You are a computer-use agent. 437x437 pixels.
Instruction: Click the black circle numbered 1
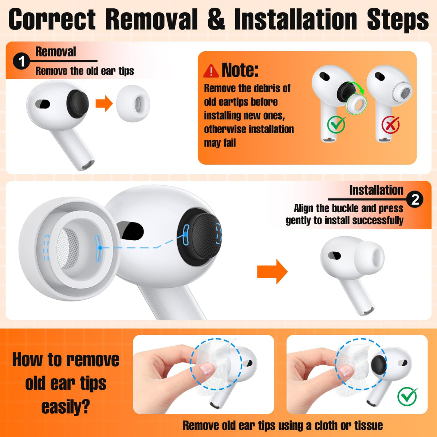click(x=21, y=61)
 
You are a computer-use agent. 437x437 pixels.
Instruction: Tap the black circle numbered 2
click(x=415, y=200)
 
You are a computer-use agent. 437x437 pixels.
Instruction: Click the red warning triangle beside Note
click(x=211, y=71)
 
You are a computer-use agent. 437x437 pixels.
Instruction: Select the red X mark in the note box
click(x=390, y=124)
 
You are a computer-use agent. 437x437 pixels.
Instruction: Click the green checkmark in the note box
click(x=336, y=124)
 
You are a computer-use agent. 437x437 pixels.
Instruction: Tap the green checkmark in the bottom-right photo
click(x=407, y=396)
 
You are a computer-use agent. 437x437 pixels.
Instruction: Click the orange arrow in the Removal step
click(x=104, y=103)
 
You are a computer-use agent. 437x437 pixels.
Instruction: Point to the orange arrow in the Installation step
click(x=272, y=272)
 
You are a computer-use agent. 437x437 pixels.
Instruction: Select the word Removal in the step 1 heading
click(x=56, y=52)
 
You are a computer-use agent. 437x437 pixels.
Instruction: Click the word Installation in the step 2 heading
click(x=377, y=190)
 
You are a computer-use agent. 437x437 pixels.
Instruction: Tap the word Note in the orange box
click(x=240, y=70)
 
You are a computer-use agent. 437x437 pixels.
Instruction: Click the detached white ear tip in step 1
click(x=133, y=104)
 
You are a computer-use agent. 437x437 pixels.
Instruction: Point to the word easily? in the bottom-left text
click(x=66, y=408)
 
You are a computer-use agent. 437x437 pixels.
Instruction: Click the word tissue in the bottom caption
click(x=369, y=426)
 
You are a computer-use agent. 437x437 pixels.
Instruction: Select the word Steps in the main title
click(x=398, y=20)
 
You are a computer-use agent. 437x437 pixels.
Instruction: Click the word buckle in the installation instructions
click(x=344, y=208)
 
